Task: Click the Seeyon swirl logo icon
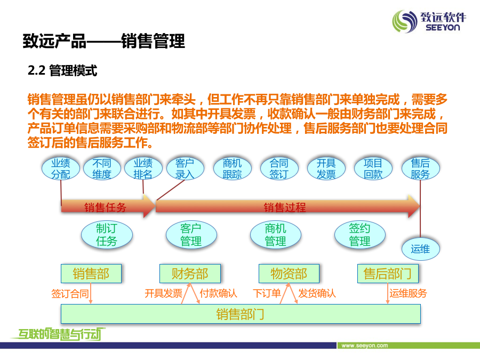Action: point(405,21)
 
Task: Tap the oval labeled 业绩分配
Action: point(61,169)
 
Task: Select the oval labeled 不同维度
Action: point(102,169)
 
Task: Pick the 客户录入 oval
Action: point(185,169)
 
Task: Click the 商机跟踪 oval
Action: point(233,169)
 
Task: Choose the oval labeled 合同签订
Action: point(279,169)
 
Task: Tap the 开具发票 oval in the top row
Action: point(326,169)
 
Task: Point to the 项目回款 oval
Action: point(373,169)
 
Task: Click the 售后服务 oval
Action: point(421,169)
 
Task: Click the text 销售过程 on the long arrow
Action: point(285,207)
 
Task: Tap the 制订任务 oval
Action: point(107,235)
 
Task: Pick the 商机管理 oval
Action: point(276,235)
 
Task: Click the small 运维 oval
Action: point(421,249)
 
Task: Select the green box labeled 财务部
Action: point(190,274)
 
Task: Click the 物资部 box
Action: point(289,274)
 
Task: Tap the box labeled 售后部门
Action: point(388,274)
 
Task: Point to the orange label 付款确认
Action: point(219,293)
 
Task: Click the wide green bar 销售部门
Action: point(241,314)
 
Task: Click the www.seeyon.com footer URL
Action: point(365,346)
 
